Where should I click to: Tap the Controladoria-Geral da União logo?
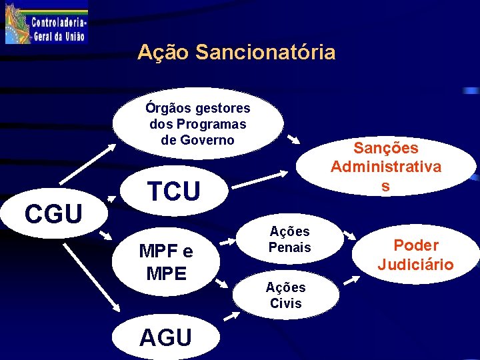45,23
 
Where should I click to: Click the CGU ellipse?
53,213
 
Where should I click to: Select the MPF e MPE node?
166,262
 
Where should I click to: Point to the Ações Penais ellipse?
289,239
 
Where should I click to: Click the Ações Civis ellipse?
285,295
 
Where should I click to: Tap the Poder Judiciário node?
415,255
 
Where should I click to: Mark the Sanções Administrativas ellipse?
385,167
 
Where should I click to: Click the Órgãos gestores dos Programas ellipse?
197,124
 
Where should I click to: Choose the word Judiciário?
415,265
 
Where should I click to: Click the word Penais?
289,247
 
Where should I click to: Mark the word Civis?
285,303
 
